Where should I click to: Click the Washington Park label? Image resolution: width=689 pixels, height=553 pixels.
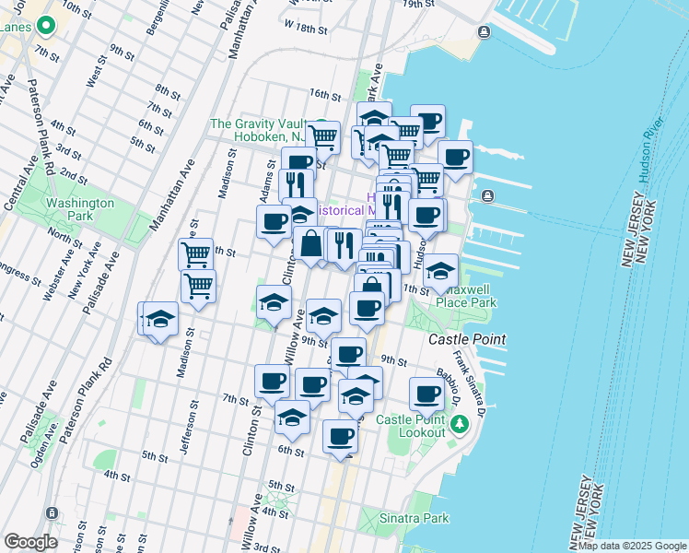80,209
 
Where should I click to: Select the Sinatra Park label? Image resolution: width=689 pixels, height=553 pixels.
415,518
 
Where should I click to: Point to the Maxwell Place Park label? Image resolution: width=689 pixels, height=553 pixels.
466,296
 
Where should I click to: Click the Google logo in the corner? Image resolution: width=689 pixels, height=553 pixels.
30,542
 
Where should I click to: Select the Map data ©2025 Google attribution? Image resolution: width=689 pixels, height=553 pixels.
632,546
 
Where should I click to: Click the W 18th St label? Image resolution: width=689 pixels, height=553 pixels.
306,29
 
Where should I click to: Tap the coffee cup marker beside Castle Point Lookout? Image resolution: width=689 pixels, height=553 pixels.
426,394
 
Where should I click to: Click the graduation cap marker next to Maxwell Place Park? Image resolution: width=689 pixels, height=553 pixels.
441,270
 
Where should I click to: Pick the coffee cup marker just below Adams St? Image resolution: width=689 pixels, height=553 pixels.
274,222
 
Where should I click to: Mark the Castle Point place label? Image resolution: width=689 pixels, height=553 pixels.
467,339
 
